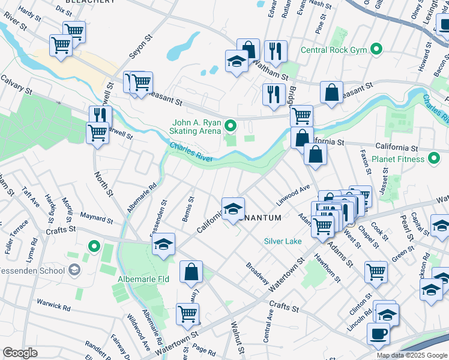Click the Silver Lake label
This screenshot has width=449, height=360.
[x=283, y=241]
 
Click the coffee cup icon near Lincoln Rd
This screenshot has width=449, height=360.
[x=378, y=334]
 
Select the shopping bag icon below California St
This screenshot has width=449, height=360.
[x=315, y=154]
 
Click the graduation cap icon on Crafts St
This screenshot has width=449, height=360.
[x=163, y=244]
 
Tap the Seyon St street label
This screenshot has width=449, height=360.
[x=139, y=46]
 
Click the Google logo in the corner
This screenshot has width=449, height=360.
[x=20, y=353]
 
